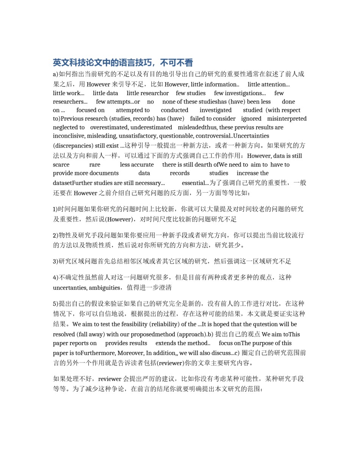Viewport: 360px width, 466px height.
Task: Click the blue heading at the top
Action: (x=123, y=63)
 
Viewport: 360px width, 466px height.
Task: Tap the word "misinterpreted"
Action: (x=286, y=119)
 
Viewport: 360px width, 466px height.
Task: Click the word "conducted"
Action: (x=174, y=110)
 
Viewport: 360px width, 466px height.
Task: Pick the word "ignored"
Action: (x=251, y=119)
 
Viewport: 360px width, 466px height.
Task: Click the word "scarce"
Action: (x=61, y=165)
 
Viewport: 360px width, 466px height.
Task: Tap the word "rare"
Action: (x=95, y=165)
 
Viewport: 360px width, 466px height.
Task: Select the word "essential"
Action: (x=194, y=183)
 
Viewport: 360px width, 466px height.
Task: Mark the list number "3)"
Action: (x=56, y=262)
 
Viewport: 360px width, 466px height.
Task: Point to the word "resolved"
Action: (x=64, y=334)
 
